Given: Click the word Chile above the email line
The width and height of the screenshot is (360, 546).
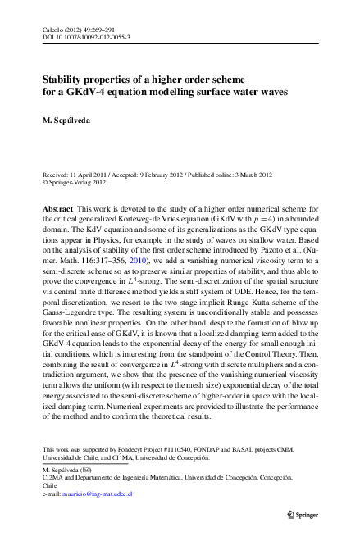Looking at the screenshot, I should pos(51,485).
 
